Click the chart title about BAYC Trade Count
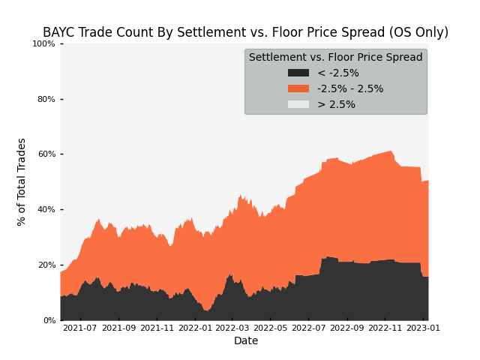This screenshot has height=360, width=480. tap(245, 32)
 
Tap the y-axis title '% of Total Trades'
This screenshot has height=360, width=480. tap(22, 182)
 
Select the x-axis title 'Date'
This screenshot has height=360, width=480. tap(246, 340)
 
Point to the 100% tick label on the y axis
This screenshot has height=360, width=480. tap(43, 43)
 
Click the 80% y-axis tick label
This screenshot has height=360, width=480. tap(46, 99)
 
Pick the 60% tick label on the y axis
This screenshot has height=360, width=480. tap(46, 154)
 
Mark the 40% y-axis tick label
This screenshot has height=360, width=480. tap(46, 210)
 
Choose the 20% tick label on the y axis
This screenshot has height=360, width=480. tap(46, 265)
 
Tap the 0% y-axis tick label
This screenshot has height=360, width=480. tap(49, 320)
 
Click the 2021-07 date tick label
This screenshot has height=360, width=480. tap(80, 328)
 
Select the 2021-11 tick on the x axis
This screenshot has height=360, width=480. tap(157, 328)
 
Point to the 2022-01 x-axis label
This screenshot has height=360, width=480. tap(195, 328)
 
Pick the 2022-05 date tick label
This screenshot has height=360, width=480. tap(270, 328)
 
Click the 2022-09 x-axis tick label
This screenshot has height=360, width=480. tap(347, 328)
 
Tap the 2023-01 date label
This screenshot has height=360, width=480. tap(423, 328)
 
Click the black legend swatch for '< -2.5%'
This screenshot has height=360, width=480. tap(298, 73)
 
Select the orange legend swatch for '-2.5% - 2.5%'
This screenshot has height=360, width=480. tap(298, 88)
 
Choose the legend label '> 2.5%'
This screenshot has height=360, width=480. tap(336, 104)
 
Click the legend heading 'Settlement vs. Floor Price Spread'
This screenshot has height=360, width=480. tap(336, 57)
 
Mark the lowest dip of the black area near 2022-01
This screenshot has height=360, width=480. tap(207, 311)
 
